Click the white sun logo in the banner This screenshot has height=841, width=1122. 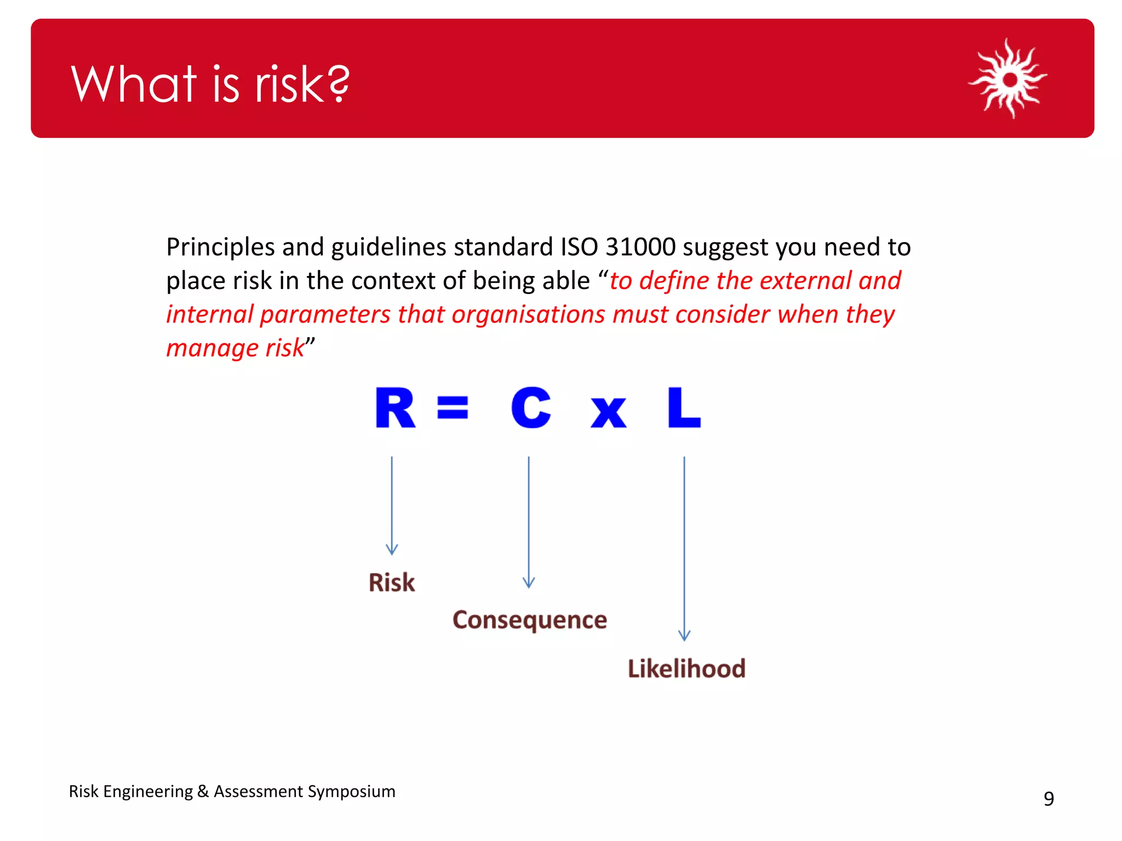(1009, 79)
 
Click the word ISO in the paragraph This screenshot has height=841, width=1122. (579, 247)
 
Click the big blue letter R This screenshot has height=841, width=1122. (394, 408)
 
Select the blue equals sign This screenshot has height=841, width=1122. (453, 408)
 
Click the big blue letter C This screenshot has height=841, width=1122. (530, 408)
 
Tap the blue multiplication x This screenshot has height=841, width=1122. (608, 411)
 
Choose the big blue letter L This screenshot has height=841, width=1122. (683, 408)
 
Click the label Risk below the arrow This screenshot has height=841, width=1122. (391, 583)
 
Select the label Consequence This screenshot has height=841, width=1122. (529, 620)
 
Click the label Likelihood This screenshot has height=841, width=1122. (686, 669)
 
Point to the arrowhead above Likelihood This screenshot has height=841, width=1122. (684, 635)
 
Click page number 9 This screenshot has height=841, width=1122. (1048, 799)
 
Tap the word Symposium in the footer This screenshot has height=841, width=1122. (351, 792)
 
